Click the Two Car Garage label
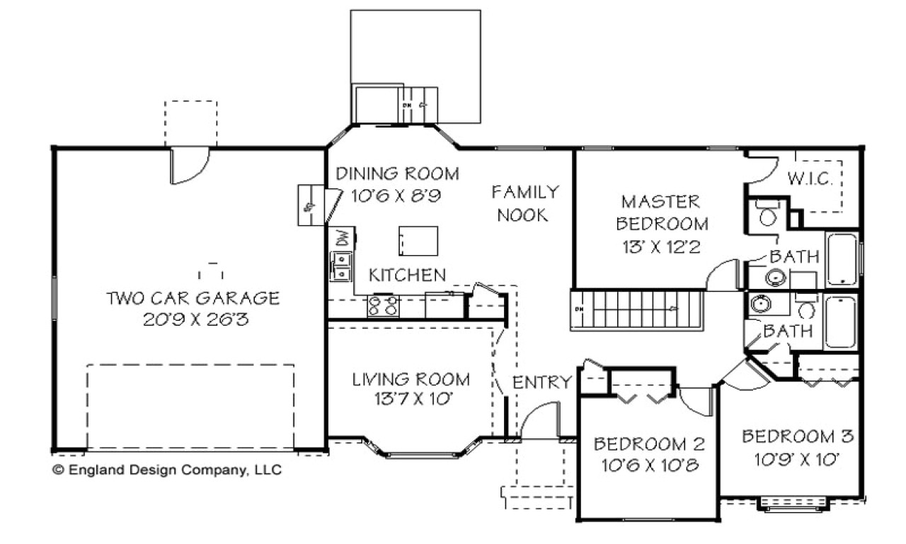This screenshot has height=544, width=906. coord(193,297)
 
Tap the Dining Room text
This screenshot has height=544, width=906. coord(396,174)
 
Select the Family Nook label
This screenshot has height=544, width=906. coord(524,203)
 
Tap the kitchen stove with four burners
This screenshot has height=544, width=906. coord(382,307)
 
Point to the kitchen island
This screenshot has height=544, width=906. coord(418,241)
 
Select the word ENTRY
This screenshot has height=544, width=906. coord(541,382)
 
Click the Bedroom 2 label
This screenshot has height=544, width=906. coord(649,444)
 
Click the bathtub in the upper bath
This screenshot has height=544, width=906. coord(843,259)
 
